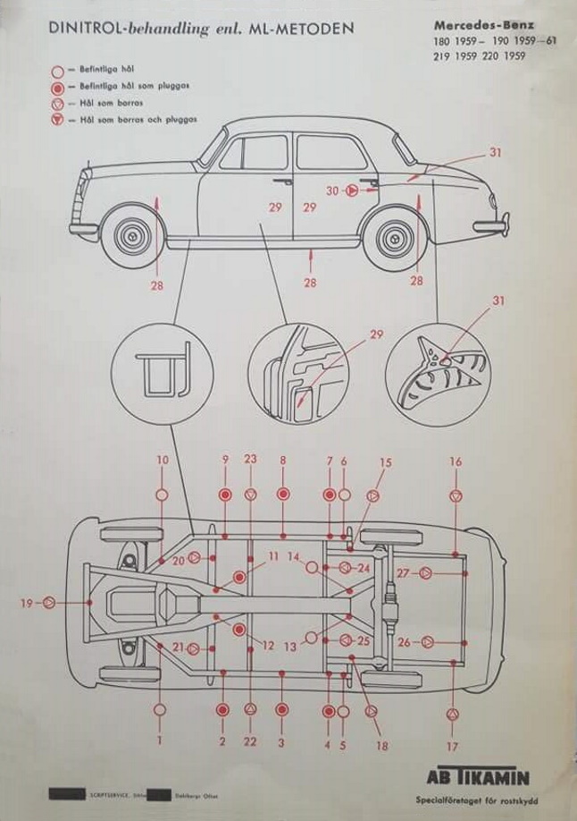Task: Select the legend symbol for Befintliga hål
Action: click(x=57, y=69)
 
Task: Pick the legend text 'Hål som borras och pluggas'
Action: click(x=138, y=119)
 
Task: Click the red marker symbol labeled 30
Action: click(x=352, y=190)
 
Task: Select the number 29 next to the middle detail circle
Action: click(x=376, y=334)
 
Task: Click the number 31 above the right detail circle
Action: click(x=498, y=301)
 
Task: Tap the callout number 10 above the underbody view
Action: click(x=162, y=461)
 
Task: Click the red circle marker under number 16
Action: click(x=456, y=495)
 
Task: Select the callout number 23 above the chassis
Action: click(x=250, y=460)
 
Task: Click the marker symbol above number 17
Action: click(x=453, y=714)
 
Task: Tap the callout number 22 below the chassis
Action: click(x=250, y=741)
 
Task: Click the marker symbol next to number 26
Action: click(x=427, y=642)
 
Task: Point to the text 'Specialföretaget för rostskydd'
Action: click(x=470, y=800)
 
